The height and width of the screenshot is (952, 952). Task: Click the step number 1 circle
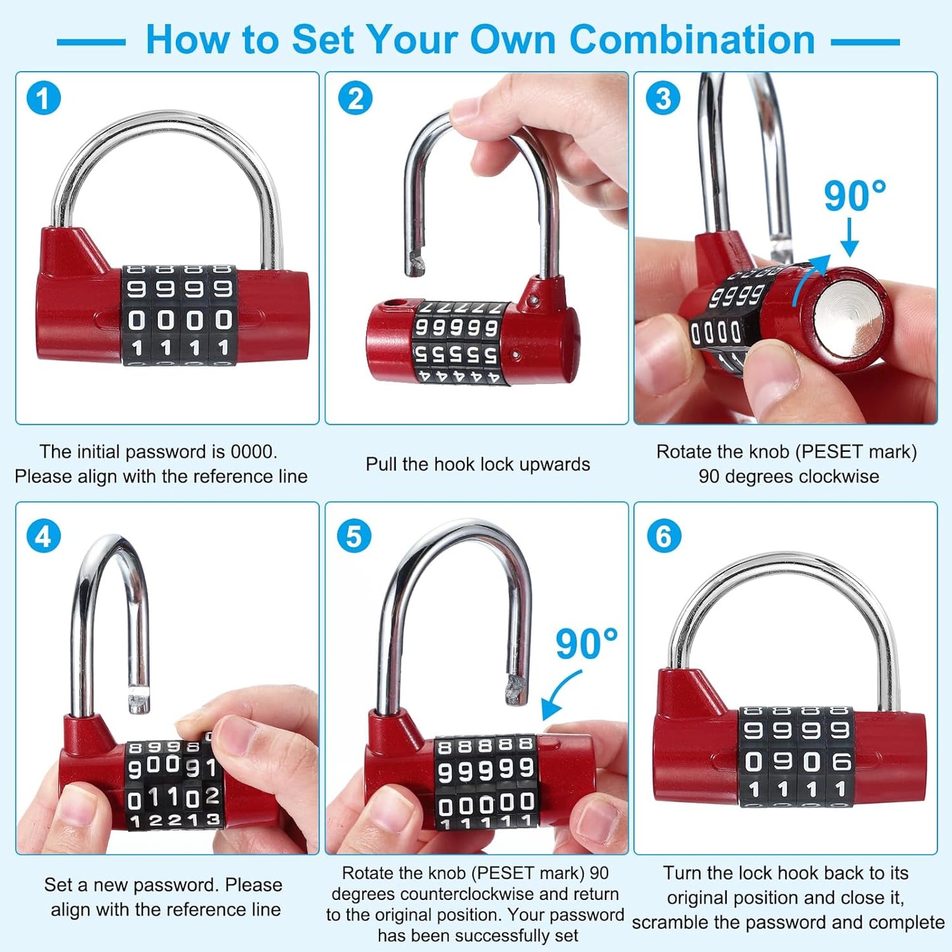coord(43,99)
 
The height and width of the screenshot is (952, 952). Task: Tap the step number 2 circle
coord(355,99)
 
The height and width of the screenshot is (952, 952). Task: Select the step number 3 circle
coord(663,99)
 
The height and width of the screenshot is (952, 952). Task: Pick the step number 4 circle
coord(43,536)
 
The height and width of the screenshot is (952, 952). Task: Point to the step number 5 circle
coord(354,536)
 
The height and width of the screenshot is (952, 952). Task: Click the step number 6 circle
coord(663,536)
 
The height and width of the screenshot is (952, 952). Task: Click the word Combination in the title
coord(692,40)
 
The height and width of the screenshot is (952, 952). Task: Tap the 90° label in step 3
coord(854,196)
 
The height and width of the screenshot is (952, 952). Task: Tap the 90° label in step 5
coord(586,644)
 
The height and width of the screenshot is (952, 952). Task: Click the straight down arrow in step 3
coord(850,238)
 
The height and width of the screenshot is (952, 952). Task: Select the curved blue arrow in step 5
coord(559,696)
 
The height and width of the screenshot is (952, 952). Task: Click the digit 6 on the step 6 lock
coord(841,762)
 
